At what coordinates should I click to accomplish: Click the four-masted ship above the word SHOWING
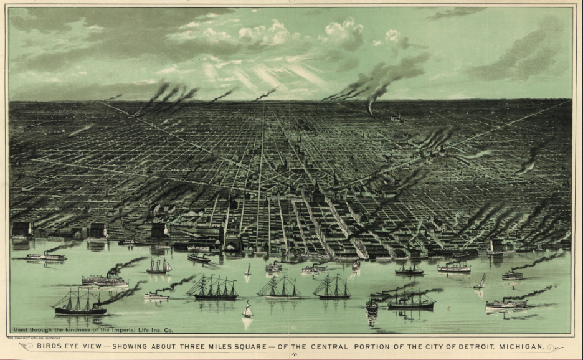(214, 288)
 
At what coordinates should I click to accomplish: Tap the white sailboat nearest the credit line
(247, 310)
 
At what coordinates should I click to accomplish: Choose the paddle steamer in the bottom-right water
(506, 304)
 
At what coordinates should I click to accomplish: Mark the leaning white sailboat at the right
(480, 282)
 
